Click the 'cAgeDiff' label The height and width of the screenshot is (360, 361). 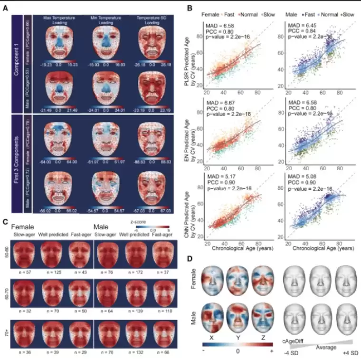click(x=295, y=340)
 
